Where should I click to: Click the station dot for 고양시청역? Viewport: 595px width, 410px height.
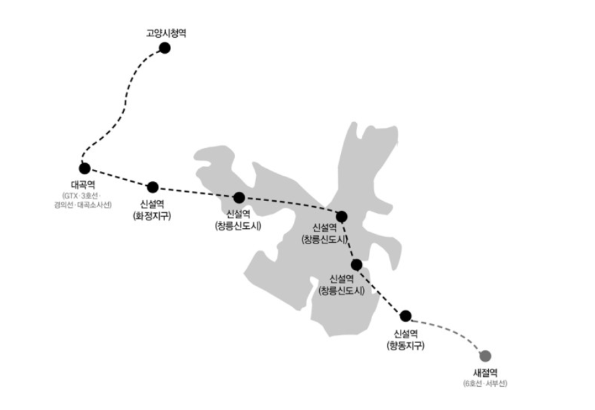[x=165, y=48]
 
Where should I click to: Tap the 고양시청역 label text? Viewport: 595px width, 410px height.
[x=166, y=33]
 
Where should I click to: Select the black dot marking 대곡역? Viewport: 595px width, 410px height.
[x=85, y=168]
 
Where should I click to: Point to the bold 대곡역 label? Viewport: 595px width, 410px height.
[x=83, y=185]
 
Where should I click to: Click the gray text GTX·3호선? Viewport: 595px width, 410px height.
[x=81, y=196]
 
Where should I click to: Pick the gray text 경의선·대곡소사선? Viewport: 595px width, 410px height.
[x=83, y=206]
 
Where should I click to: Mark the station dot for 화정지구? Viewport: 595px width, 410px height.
[x=153, y=187]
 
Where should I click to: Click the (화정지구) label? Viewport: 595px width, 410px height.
[x=152, y=216]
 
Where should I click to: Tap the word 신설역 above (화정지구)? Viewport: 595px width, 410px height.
[x=152, y=204]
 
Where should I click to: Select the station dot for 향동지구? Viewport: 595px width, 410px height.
[x=405, y=316]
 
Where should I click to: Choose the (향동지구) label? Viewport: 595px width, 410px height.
[x=405, y=346]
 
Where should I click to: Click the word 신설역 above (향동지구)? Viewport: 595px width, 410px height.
[x=406, y=334]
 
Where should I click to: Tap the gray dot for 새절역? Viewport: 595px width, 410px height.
[x=486, y=356]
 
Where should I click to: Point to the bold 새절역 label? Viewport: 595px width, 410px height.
[x=486, y=373]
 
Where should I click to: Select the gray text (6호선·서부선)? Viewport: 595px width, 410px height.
[x=486, y=383]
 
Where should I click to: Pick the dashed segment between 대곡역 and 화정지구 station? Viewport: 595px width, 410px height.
[x=118, y=178]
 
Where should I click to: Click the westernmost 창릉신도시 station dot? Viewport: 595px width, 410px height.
[x=239, y=198]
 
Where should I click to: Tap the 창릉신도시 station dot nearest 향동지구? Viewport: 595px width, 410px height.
[x=356, y=265]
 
